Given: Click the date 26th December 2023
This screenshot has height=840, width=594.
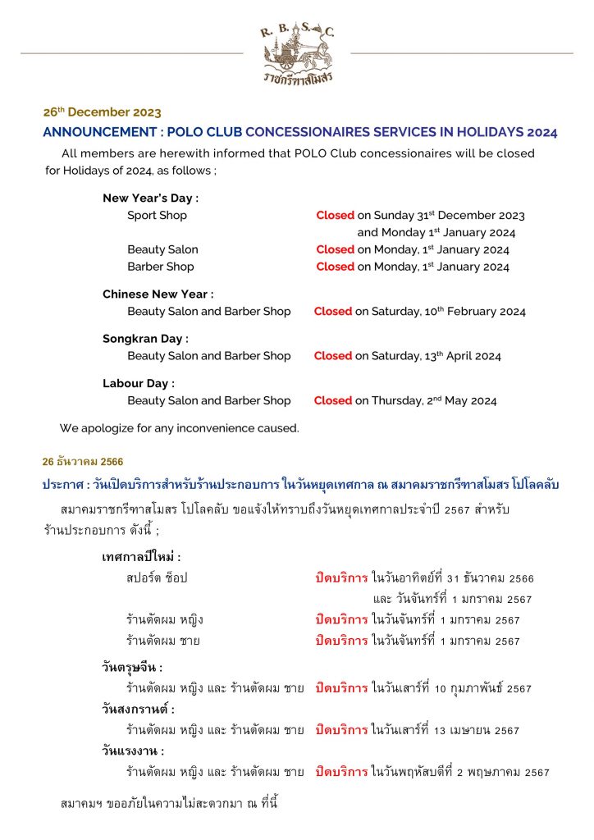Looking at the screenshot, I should (x=102, y=112).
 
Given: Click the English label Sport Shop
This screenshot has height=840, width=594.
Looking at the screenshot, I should (x=157, y=215).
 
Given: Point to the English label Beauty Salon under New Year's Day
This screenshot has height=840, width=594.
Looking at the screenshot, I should (x=162, y=249).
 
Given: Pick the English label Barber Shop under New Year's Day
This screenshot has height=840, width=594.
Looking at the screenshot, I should (x=161, y=267).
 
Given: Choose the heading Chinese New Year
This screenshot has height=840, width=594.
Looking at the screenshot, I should (x=158, y=294).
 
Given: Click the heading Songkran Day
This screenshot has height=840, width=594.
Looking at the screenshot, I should (x=145, y=338).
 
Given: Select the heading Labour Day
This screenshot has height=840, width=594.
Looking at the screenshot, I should (x=139, y=383).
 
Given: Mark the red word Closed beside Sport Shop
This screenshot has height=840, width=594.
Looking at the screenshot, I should (x=335, y=215).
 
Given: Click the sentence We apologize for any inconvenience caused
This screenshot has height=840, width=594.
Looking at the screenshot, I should (x=179, y=428).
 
